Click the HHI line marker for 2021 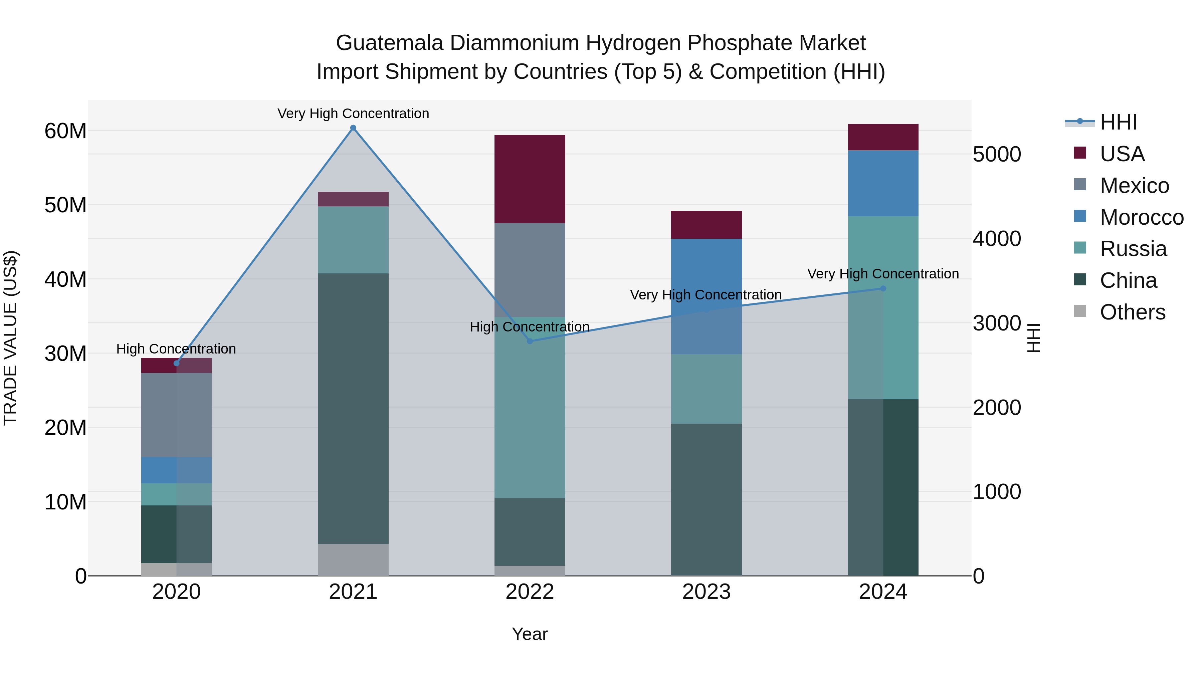pos(353,128)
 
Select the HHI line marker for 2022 pos(530,341)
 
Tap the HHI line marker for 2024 pos(883,288)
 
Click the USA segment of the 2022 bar pos(530,179)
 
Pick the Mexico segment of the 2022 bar pos(530,270)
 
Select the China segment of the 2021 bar pos(353,408)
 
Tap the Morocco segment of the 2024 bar pos(883,183)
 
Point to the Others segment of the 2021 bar pos(353,559)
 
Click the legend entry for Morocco pos(1141,217)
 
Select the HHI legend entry pos(1118,122)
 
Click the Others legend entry pos(1132,312)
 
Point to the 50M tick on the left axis pos(65,205)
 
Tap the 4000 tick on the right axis pos(997,239)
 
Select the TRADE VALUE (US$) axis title pos(10,338)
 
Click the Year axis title pos(530,634)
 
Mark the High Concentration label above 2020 pos(176,349)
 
